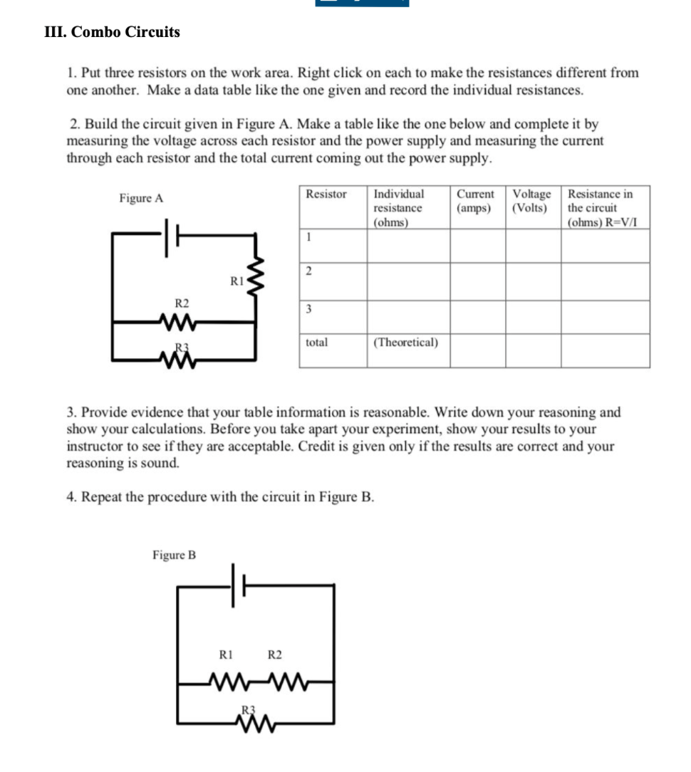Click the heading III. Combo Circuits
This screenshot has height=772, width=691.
(112, 32)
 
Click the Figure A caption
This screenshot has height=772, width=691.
(141, 199)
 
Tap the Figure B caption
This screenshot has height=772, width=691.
(174, 555)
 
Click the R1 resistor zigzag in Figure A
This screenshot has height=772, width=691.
(256, 278)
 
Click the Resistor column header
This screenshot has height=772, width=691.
(326, 194)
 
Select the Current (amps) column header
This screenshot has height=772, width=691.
(475, 201)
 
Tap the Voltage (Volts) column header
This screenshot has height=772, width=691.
(531, 201)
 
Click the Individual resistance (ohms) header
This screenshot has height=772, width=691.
(399, 208)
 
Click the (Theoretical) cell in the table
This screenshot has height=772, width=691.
(406, 343)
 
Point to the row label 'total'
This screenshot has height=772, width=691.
(317, 343)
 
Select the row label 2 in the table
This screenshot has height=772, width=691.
(308, 270)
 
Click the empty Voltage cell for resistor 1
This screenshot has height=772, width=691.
(533, 246)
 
